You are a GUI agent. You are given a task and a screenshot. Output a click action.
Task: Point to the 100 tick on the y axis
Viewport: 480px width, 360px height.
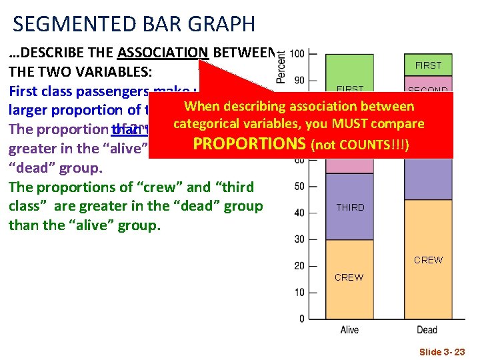[299, 53]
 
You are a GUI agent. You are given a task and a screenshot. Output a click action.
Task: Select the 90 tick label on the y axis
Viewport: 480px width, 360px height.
[301, 80]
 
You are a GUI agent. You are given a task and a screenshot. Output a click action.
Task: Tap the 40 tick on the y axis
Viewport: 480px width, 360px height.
[301, 213]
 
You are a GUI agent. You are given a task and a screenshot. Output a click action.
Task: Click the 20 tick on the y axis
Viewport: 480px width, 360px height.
[301, 266]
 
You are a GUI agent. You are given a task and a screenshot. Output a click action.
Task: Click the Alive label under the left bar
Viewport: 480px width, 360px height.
[349, 330]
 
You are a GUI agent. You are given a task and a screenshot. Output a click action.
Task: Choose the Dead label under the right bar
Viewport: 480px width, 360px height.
[427, 330]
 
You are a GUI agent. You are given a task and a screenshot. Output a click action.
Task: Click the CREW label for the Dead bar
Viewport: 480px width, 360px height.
[428, 260]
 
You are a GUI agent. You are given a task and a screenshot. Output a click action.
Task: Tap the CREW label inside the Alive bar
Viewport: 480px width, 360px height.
[349, 277]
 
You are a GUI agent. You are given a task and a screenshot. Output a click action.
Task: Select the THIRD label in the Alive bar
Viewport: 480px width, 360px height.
[350, 207]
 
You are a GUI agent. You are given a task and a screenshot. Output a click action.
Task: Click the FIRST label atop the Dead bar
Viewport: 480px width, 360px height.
[428, 65]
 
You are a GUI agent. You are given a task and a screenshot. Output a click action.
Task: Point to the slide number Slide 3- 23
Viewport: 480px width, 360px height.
[442, 351]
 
